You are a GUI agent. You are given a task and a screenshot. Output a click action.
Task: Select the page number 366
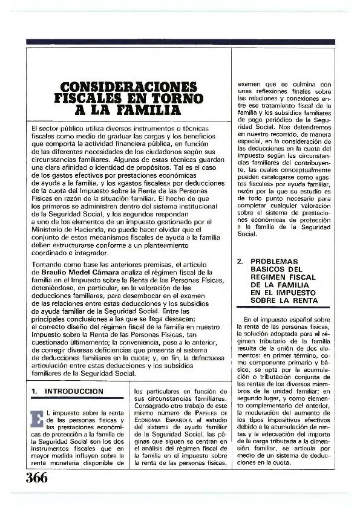coord(37,476)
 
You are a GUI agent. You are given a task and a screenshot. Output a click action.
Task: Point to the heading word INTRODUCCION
coord(75,391)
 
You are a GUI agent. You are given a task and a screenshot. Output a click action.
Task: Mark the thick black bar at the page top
coord(180,42)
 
